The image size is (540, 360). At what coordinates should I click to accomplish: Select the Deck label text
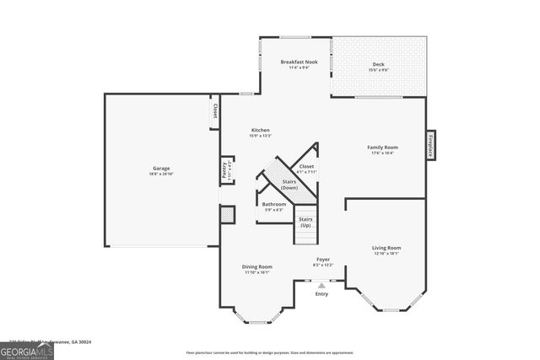tap(378, 65)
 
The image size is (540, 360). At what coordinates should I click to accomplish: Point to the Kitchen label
tap(260, 130)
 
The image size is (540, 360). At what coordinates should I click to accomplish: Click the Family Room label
tap(382, 147)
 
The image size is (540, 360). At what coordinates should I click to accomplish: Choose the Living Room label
tap(386, 248)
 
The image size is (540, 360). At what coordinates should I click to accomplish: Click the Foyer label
tap(323, 259)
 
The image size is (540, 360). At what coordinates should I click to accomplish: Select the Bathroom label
tap(273, 204)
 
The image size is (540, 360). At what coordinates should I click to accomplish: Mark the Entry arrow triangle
tap(321, 285)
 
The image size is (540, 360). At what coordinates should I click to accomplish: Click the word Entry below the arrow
tap(321, 294)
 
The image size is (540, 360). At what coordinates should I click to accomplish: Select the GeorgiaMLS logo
tap(27, 350)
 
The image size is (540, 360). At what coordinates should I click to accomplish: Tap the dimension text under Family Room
tap(382, 153)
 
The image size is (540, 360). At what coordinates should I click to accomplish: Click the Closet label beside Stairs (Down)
tap(306, 166)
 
